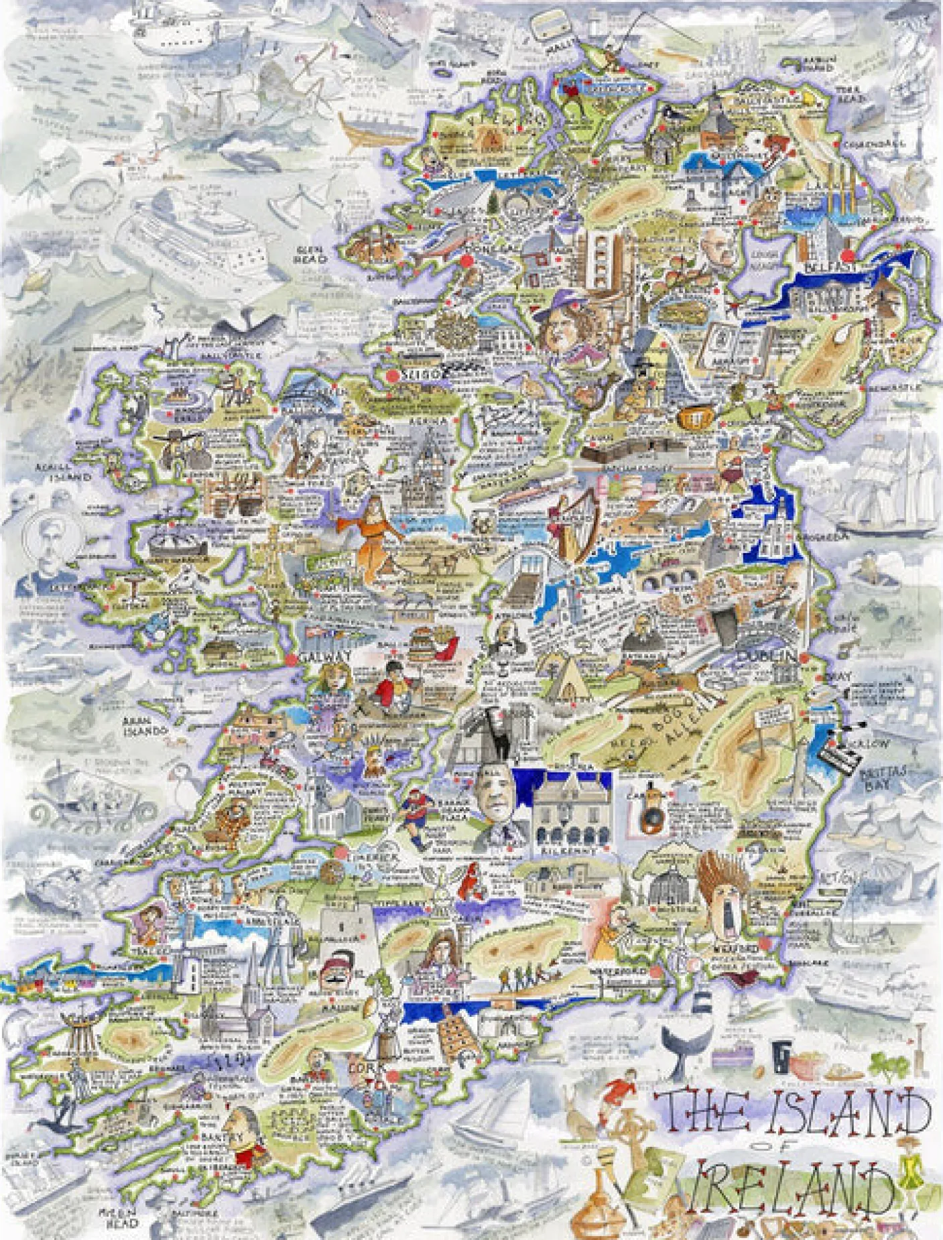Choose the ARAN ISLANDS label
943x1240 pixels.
143,726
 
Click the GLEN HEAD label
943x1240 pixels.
310,255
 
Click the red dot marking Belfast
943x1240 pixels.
848,255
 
